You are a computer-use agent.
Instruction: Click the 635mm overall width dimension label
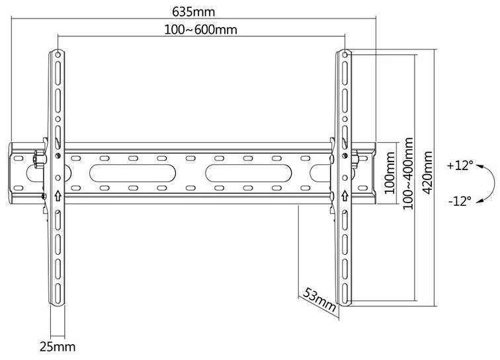[x=194, y=12]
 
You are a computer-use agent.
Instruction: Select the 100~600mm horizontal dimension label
[x=200, y=30]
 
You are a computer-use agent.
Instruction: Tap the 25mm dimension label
[x=58, y=347]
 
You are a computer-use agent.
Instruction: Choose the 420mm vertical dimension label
[x=427, y=173]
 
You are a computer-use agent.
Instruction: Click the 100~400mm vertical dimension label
[x=408, y=173]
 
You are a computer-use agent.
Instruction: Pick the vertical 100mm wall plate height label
[x=390, y=173]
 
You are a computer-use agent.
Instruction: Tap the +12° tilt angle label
[x=460, y=165]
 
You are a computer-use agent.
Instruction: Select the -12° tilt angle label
[x=460, y=201]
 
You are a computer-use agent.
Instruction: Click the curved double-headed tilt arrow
[x=494, y=183]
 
